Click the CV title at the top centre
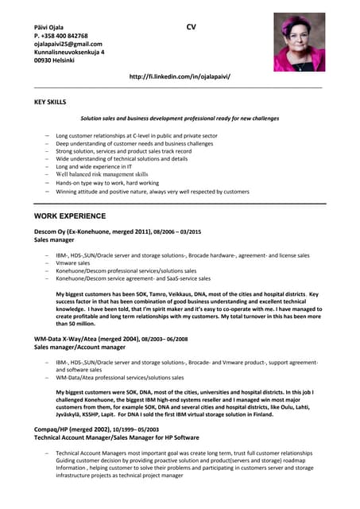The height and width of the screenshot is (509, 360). [x=191, y=28]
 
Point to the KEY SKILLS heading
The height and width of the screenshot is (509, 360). [x=50, y=103]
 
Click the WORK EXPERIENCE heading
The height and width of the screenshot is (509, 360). [x=70, y=216]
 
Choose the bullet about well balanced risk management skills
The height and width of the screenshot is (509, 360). [x=102, y=173]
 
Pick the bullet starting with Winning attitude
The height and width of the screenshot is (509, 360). [x=152, y=192]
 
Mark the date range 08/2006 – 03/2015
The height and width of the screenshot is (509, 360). [x=172, y=231]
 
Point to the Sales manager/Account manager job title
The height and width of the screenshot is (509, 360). [x=80, y=348]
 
